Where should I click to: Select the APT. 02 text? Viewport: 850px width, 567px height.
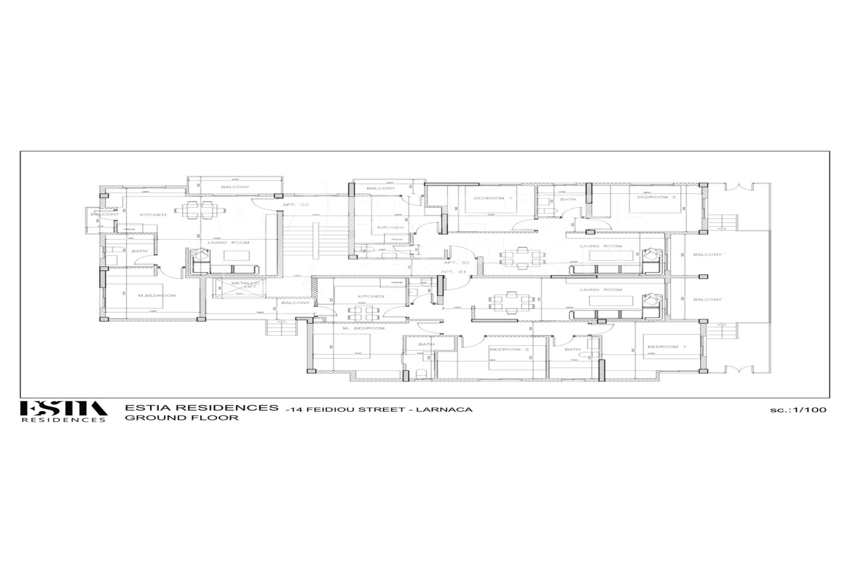point(456,263)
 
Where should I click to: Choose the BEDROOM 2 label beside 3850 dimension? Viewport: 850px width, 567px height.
point(656,197)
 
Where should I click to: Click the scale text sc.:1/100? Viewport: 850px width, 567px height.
point(798,410)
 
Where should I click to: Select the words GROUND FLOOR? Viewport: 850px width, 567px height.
point(182,418)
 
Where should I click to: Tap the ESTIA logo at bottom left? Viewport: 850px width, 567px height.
point(63,411)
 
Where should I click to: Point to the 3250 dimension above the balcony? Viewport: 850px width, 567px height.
point(235,179)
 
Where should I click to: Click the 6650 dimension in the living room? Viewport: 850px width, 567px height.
point(582,307)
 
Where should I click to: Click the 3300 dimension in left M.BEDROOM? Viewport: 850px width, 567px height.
point(153,311)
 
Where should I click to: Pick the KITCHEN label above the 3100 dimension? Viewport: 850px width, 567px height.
point(371,296)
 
